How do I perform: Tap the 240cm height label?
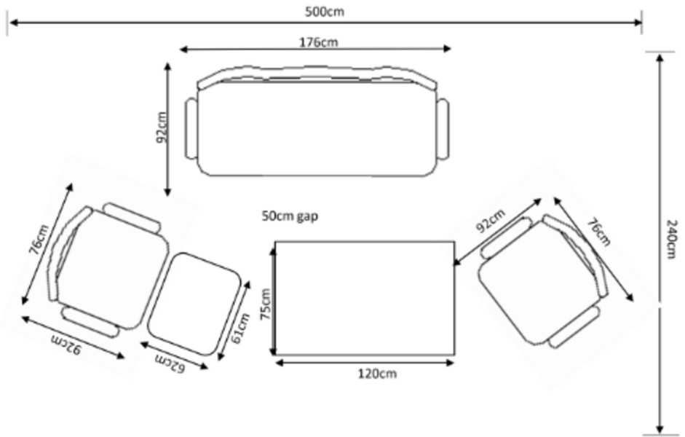(673, 236)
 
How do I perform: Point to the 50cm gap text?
(290, 216)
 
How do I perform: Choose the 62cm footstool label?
(169, 362)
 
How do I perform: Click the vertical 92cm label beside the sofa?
(161, 127)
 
